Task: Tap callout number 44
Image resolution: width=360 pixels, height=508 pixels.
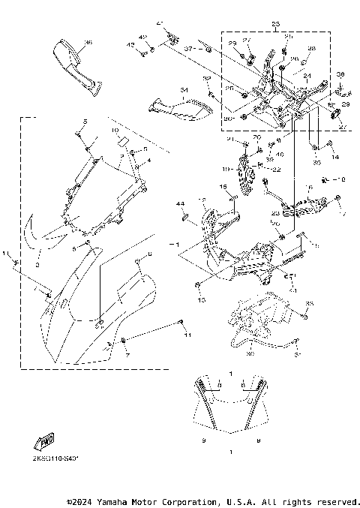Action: click(x=180, y=204)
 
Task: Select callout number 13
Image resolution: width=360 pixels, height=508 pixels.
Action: click(x=199, y=299)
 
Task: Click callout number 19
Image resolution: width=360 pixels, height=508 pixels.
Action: click(x=225, y=169)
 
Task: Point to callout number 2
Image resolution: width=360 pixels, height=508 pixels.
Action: click(x=37, y=264)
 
